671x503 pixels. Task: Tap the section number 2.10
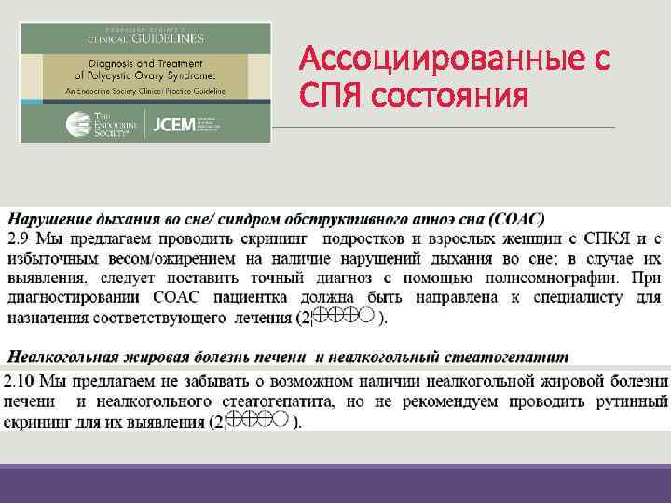[21, 382]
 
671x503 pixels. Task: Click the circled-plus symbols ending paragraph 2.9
[346, 317]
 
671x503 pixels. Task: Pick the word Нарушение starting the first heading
[47, 220]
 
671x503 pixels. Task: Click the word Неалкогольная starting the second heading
[62, 357]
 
